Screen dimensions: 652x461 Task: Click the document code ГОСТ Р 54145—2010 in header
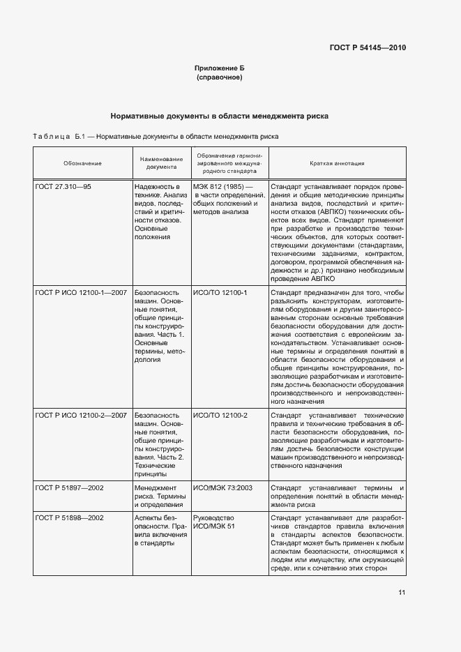pos(367,48)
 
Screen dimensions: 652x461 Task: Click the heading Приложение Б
pos(219,68)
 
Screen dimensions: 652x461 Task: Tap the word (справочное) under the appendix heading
pos(219,77)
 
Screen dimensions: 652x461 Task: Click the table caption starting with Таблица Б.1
pos(156,137)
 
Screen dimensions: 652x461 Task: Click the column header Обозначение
pos(82,163)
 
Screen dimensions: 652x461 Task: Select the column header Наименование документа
pos(161,163)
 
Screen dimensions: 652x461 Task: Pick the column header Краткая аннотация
pos(337,163)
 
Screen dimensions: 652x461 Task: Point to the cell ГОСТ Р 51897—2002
pos(69,487)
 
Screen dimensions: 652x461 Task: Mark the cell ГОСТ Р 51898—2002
pos(69,518)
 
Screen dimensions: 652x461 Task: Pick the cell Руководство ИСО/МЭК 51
pos(214,522)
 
